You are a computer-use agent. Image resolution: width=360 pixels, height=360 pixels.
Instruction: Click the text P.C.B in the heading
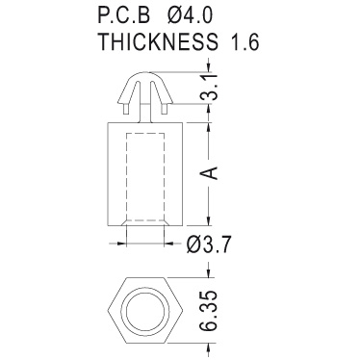(124, 15)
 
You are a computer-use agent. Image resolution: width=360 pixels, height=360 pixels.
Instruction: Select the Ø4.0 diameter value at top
(190, 15)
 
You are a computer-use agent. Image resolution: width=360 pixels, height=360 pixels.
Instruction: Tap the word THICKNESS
(158, 41)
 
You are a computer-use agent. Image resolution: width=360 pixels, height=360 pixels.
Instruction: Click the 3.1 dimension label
(210, 88)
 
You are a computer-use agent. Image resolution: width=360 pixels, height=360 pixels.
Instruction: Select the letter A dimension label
(209, 173)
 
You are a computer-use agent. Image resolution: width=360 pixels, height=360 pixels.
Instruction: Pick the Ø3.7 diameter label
(209, 245)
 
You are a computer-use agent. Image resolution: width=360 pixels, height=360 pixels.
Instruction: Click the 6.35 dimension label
(209, 311)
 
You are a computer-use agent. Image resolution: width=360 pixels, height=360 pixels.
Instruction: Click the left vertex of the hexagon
(108, 311)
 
